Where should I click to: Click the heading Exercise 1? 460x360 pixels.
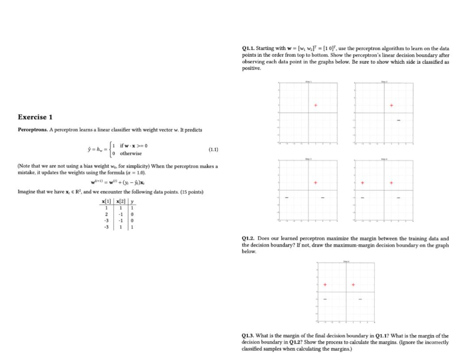[x=36, y=117]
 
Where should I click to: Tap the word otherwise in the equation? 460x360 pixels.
[x=130, y=153]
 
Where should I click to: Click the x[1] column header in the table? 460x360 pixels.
[x=106, y=201]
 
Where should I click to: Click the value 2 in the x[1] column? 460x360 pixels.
[x=106, y=215]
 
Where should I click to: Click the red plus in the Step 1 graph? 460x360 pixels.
[x=315, y=105]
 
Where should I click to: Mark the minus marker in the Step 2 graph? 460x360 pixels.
[x=398, y=120]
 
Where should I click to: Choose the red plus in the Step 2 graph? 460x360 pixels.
[x=391, y=105]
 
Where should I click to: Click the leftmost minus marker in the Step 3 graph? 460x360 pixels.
[x=287, y=197]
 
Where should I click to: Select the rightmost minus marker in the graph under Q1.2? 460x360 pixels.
[x=360, y=299]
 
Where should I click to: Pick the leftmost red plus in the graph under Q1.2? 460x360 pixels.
[x=325, y=285]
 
